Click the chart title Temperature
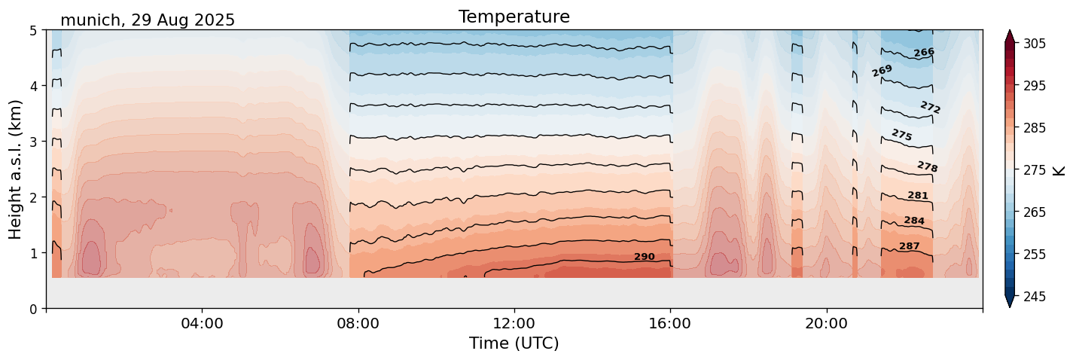[514, 17]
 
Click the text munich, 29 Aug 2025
[148, 20]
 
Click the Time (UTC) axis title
[514, 343]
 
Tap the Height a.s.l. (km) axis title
[16, 169]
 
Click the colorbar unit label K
[1060, 170]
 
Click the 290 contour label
[644, 257]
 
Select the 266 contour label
[924, 53]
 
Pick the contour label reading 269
[882, 71]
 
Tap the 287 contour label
[909, 246]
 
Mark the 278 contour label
[927, 166]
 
